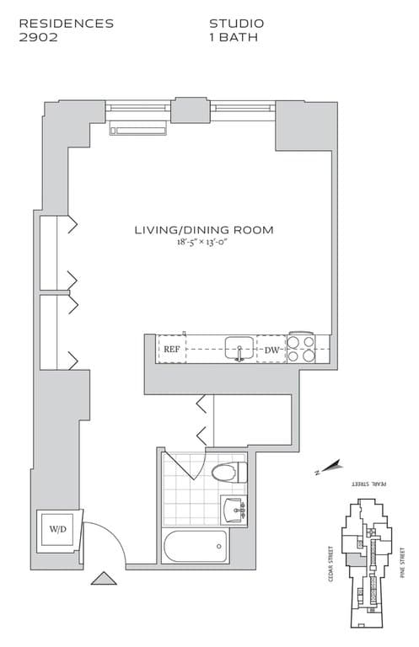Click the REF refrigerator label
point(172,349)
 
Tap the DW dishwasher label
point(271,350)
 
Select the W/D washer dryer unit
point(58,530)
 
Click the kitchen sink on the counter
point(239,347)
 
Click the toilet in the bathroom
point(228,473)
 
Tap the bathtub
point(196,547)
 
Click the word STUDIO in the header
point(236,24)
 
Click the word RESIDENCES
point(66,24)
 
